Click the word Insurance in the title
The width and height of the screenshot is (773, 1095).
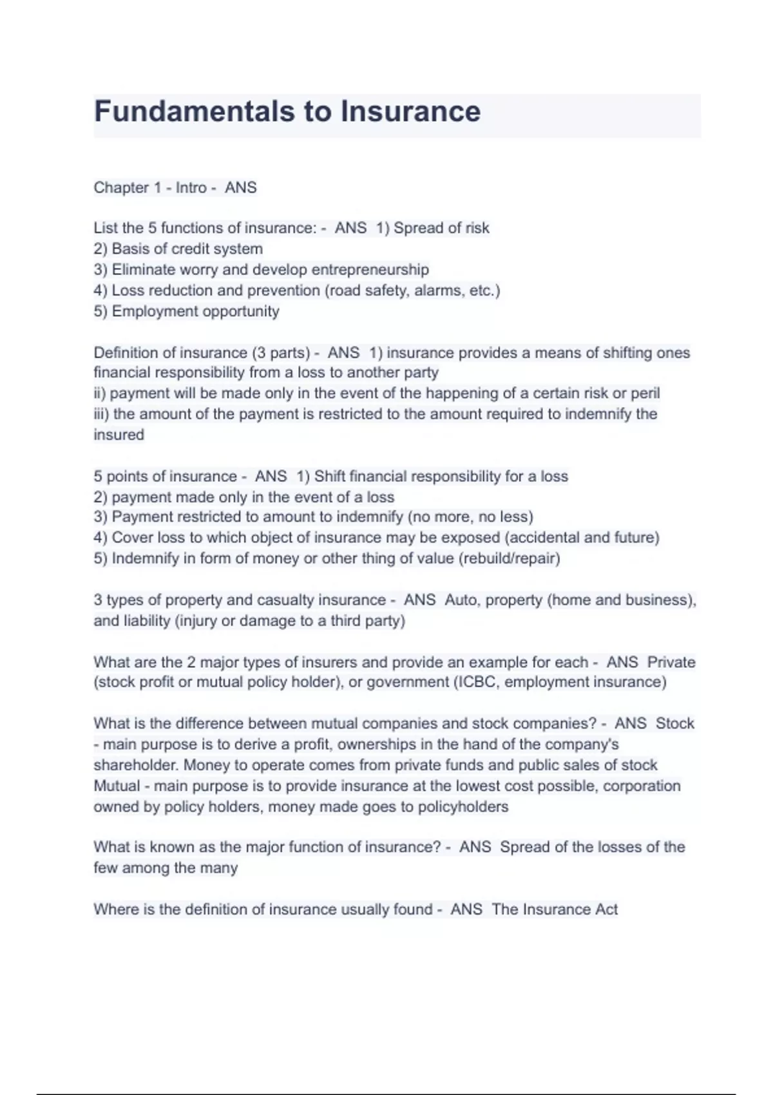coord(410,111)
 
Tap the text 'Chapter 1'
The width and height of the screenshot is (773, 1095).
coord(127,187)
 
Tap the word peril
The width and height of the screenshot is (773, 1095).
coord(645,394)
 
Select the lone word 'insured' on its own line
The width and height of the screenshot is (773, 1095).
coord(119,435)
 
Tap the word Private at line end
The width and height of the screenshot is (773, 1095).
coord(671,662)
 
